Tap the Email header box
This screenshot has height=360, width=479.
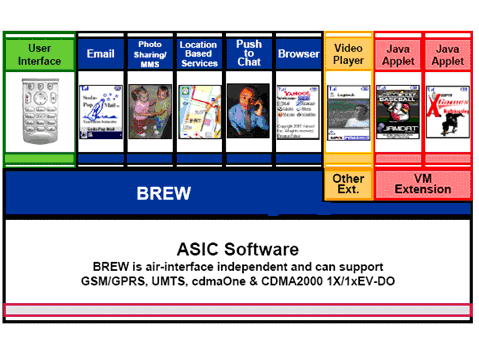pyautogui.click(x=101, y=54)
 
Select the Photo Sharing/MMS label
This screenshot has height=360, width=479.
pyautogui.click(x=150, y=54)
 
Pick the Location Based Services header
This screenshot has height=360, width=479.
pyautogui.click(x=199, y=54)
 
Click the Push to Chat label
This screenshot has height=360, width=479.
pyautogui.click(x=248, y=54)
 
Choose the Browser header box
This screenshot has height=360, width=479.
pyautogui.click(x=298, y=54)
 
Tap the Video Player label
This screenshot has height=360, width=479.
pyautogui.click(x=347, y=54)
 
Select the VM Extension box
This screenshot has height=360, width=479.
pyautogui.click(x=423, y=184)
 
